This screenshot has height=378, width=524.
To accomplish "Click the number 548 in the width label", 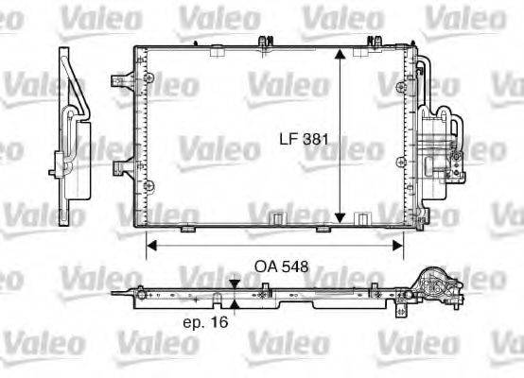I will tap(295, 266).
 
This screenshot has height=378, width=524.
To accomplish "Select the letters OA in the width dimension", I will tap(266, 266).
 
